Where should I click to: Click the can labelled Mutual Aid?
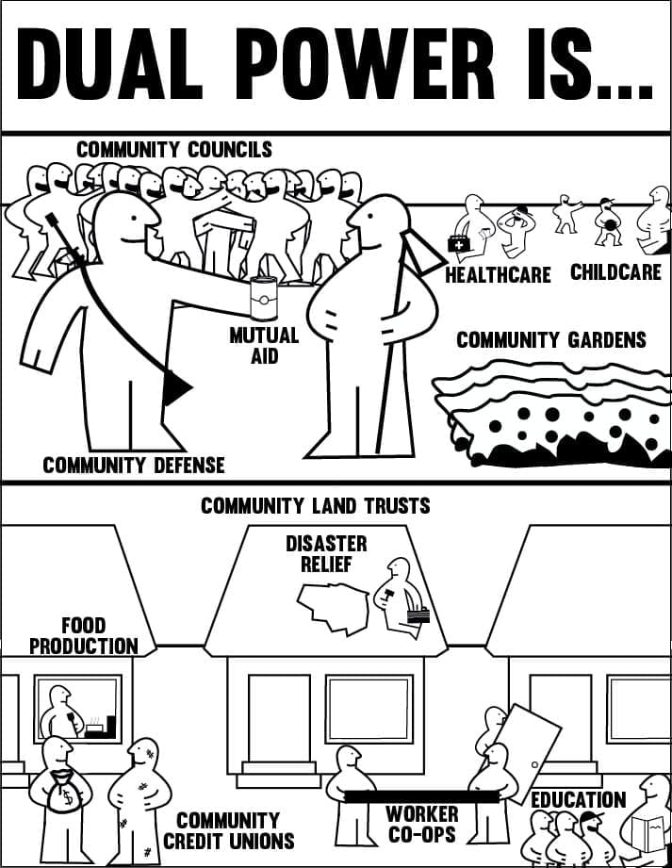click(263, 300)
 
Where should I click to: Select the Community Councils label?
click(173, 150)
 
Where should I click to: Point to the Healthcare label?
click(498, 275)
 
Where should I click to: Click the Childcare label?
click(614, 272)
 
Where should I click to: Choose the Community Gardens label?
click(551, 339)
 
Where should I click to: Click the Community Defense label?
click(134, 465)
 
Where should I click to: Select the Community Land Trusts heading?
click(315, 506)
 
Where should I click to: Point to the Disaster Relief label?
click(326, 554)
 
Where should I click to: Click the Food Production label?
click(83, 635)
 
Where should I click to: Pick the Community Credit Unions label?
click(229, 830)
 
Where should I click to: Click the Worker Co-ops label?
click(421, 824)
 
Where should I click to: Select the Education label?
click(578, 800)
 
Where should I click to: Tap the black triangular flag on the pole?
click(175, 387)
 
